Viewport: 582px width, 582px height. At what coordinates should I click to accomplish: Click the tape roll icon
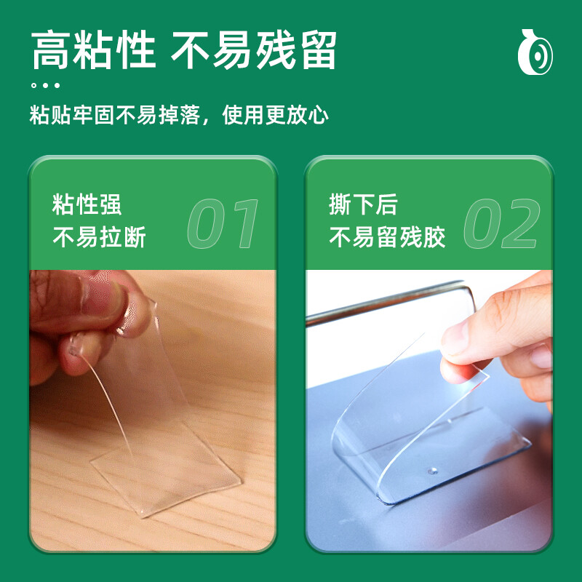[x=535, y=52]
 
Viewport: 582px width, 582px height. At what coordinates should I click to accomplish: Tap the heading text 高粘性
[x=94, y=50]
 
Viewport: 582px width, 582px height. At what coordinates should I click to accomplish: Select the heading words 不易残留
[x=253, y=50]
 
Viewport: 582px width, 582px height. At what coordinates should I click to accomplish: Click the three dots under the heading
[x=45, y=85]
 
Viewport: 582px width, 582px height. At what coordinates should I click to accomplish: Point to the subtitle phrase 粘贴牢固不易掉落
[x=115, y=115]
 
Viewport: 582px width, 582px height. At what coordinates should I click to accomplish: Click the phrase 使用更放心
[x=275, y=115]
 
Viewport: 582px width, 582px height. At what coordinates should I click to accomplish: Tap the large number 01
[x=223, y=223]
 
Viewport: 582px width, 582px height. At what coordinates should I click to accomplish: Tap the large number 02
[x=502, y=223]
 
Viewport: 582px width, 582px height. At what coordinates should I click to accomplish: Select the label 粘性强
[x=87, y=204]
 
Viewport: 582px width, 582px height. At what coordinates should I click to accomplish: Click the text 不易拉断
[x=99, y=237]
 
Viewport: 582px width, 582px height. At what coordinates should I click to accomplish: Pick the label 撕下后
[x=363, y=204]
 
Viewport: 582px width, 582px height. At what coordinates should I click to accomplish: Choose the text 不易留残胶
[x=387, y=237]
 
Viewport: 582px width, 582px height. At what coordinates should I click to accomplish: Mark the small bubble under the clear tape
[x=431, y=471]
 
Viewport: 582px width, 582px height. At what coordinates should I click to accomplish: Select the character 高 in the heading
[x=50, y=50]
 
